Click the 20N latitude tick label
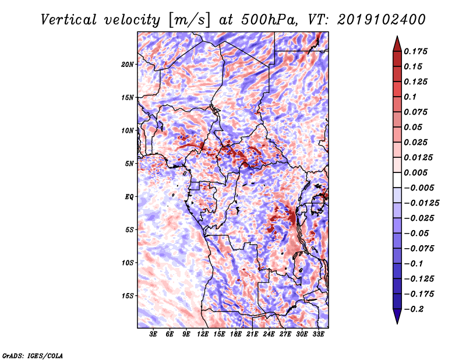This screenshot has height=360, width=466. point(128,64)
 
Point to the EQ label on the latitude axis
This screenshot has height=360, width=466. point(129,197)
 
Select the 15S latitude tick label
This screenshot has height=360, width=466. point(128,296)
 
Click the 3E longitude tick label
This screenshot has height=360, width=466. point(154,334)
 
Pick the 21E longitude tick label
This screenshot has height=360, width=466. point(253,334)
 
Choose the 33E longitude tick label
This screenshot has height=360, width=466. point(319,334)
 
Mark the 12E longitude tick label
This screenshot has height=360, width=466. point(203,334)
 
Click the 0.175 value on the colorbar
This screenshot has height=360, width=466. point(417,51)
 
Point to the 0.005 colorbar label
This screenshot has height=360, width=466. point(417,172)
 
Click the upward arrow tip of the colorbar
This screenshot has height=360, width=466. point(396,38)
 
